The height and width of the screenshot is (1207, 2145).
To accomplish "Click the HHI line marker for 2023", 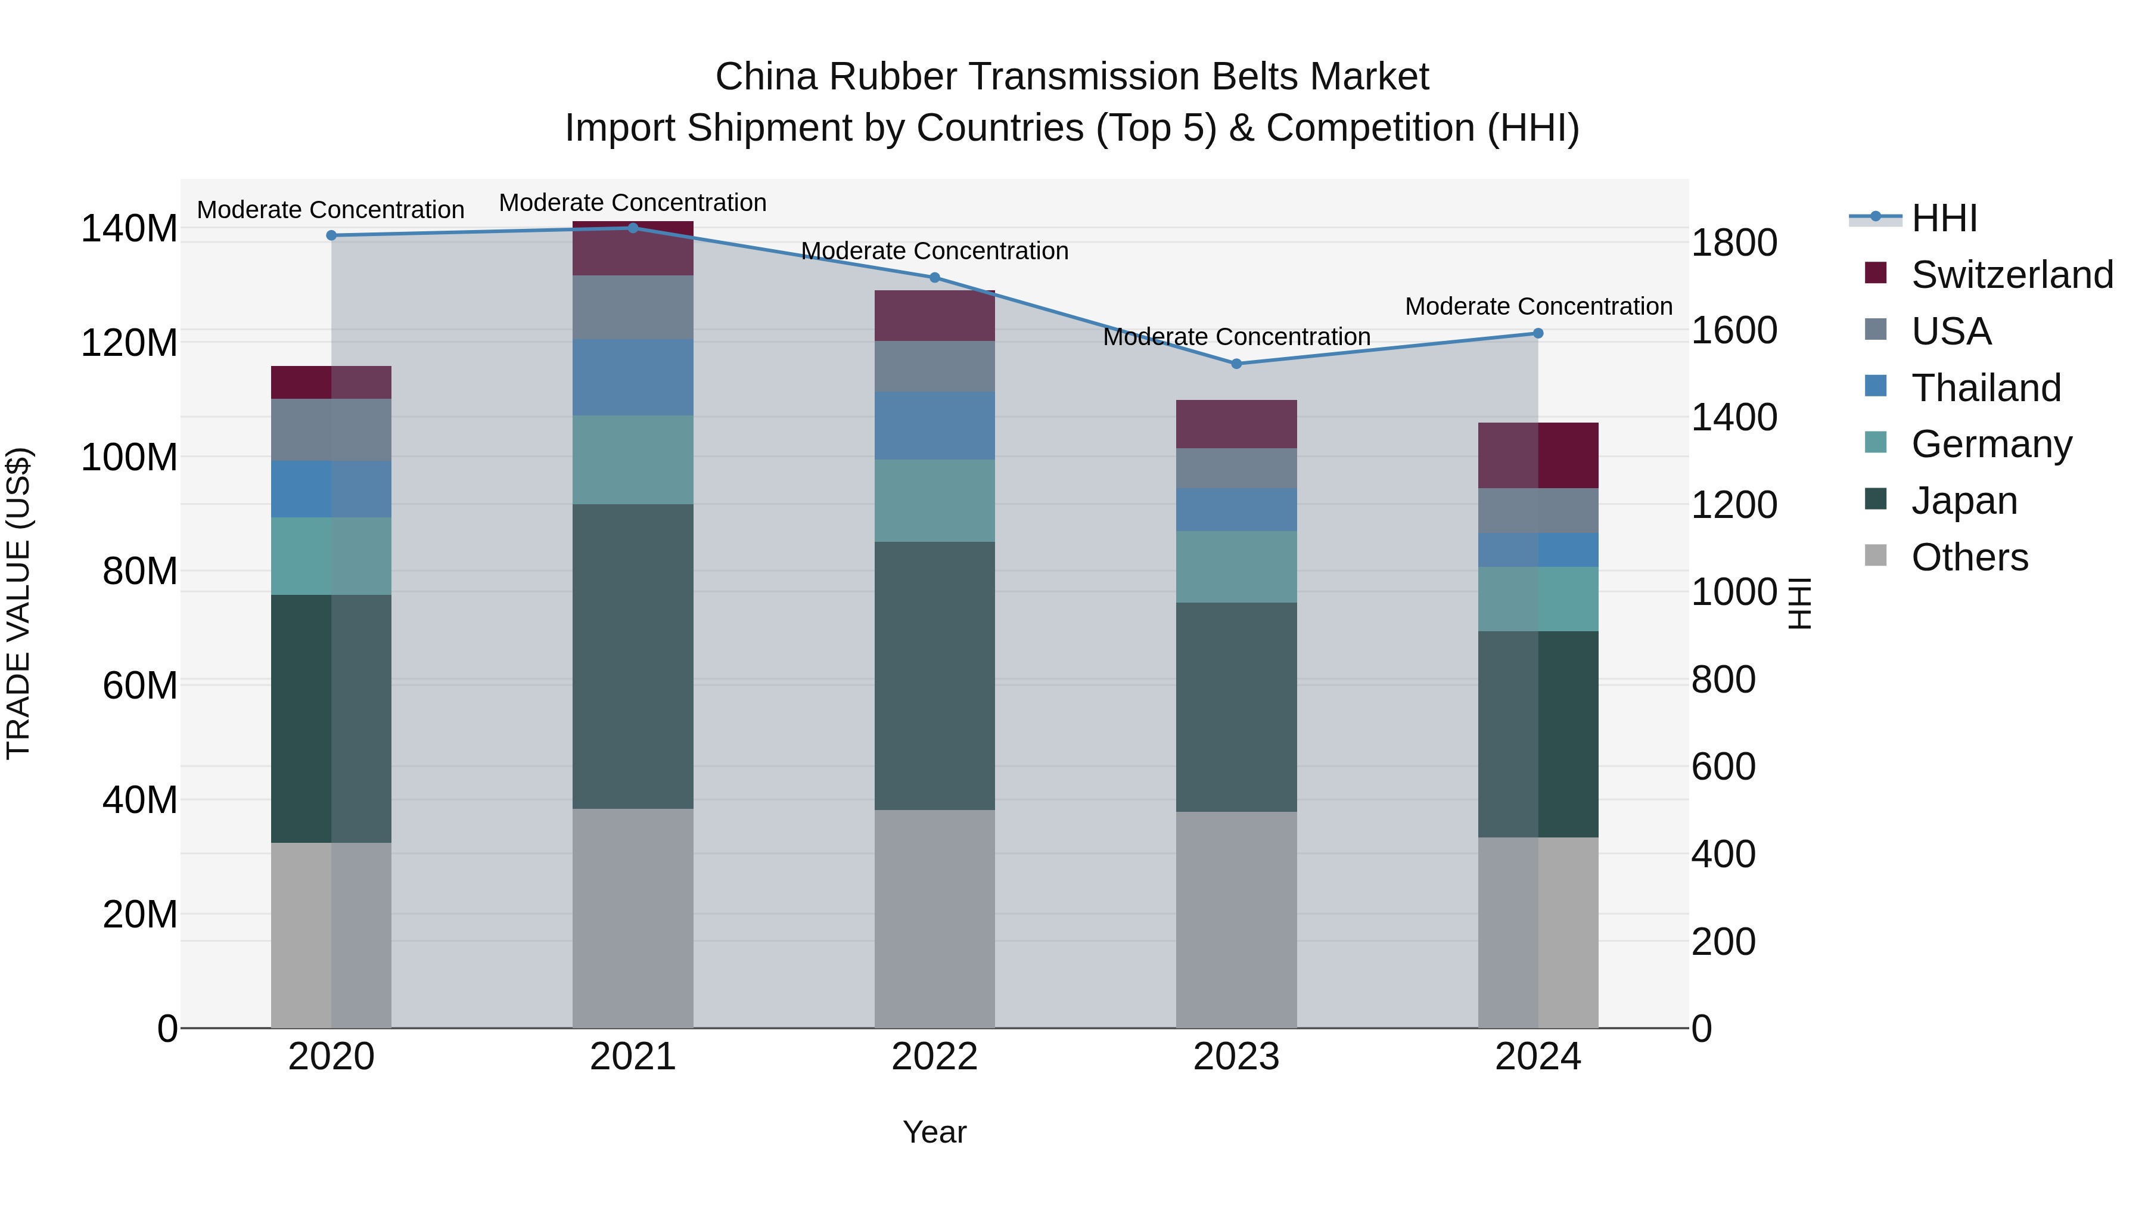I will pyautogui.click(x=1236, y=364).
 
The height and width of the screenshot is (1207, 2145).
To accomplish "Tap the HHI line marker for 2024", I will pyautogui.click(x=1538, y=333).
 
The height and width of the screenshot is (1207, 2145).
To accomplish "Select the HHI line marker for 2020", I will pyautogui.click(x=331, y=235).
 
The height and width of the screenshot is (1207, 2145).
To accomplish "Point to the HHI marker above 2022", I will pyautogui.click(x=934, y=277).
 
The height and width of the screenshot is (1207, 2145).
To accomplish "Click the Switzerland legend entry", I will pyautogui.click(x=2011, y=275).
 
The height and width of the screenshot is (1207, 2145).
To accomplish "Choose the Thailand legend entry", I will pyautogui.click(x=1985, y=388).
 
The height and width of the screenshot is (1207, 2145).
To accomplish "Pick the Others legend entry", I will pyautogui.click(x=1969, y=557).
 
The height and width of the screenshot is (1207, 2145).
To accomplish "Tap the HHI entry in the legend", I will pyautogui.click(x=1944, y=218).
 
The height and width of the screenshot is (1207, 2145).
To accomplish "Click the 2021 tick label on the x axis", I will pyautogui.click(x=633, y=1057).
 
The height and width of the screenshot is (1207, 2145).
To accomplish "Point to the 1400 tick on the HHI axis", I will pyautogui.click(x=1734, y=417).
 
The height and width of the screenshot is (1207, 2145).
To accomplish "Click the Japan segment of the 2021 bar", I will pyautogui.click(x=633, y=656).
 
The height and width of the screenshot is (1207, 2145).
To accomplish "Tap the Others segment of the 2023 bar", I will pyautogui.click(x=1236, y=920).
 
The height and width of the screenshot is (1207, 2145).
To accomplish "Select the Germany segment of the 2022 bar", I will pyautogui.click(x=934, y=501).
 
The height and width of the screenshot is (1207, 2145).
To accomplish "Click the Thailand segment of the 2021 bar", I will pyautogui.click(x=633, y=377).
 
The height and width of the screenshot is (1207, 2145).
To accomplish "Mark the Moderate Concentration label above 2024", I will pyautogui.click(x=1538, y=306).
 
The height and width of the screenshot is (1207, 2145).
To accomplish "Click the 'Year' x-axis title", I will pyautogui.click(x=934, y=1132).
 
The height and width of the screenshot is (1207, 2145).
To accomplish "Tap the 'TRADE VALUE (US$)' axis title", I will pyautogui.click(x=18, y=603).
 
